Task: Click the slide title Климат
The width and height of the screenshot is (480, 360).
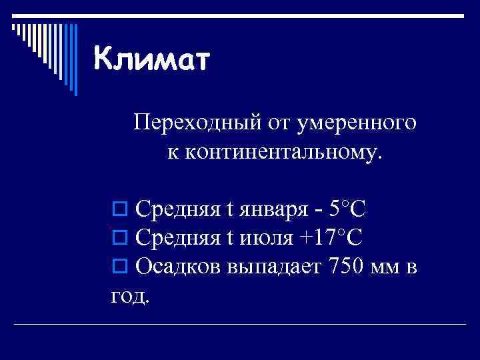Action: [151, 61]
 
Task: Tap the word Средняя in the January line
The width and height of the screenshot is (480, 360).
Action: [177, 211]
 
